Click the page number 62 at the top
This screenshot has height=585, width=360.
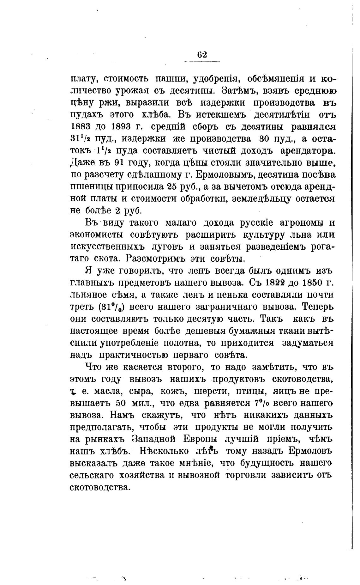[x=202, y=55]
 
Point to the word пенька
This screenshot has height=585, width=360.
[x=240, y=294]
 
